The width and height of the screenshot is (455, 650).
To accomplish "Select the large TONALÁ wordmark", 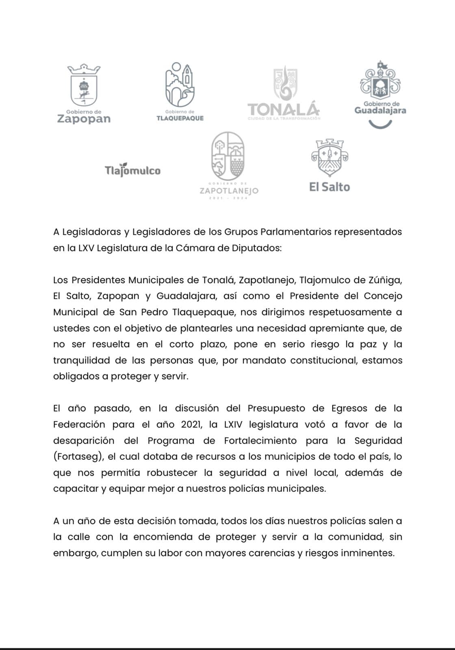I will click(284, 109).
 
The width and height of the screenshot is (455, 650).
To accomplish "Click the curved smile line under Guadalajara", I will click(380, 123).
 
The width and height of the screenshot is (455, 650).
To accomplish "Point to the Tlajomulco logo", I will click(132, 170).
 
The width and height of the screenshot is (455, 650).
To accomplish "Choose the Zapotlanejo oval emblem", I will click(228, 156).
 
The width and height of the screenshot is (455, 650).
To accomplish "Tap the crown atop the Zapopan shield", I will click(84, 69).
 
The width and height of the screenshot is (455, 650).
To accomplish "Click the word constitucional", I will click(324, 360).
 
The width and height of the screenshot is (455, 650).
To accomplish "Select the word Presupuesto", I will click(276, 408).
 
